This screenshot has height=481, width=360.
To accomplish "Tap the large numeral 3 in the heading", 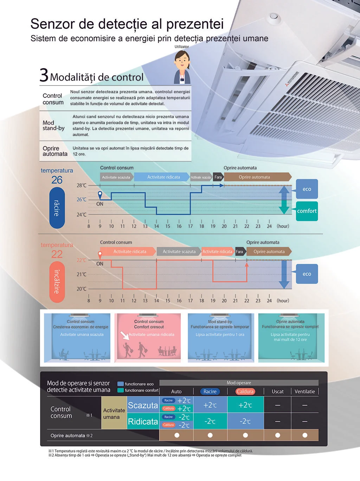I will click(44, 75).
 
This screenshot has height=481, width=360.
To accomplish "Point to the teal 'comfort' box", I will click(307, 211).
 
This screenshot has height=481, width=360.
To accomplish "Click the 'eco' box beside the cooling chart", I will click(307, 189).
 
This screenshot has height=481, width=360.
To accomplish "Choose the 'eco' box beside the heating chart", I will click(307, 274).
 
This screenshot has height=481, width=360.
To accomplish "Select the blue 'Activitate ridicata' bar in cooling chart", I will click(163, 177).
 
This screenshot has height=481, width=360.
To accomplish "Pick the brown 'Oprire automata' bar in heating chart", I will click(269, 252).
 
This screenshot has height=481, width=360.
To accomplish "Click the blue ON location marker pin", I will click(100, 195).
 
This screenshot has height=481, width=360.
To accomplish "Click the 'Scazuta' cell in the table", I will click(142, 405).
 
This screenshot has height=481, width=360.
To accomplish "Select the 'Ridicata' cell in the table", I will click(142, 422).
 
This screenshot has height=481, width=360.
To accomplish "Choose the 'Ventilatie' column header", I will click(305, 392).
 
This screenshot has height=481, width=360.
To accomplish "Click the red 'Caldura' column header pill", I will click(245, 392).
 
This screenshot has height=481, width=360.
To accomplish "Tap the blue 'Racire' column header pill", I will click(210, 392).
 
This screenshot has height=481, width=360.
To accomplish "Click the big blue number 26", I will click(57, 180).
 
